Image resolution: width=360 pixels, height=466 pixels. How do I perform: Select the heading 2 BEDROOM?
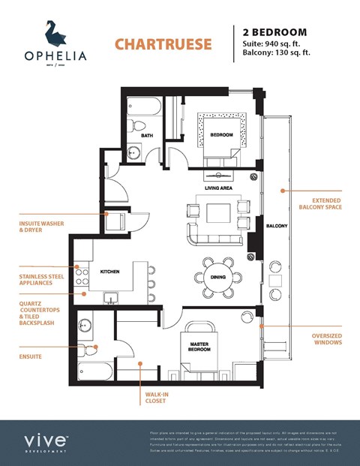coord(274,32)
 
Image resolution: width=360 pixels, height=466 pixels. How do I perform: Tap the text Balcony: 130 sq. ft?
coord(277,53)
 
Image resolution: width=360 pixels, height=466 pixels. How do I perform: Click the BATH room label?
coord(147,135)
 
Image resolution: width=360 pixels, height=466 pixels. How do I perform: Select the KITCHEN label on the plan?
coord(111,271)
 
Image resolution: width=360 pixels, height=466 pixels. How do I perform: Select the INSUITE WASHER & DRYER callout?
coord(41,226)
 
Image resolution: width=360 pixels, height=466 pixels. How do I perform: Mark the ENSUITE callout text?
coord(31,356)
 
